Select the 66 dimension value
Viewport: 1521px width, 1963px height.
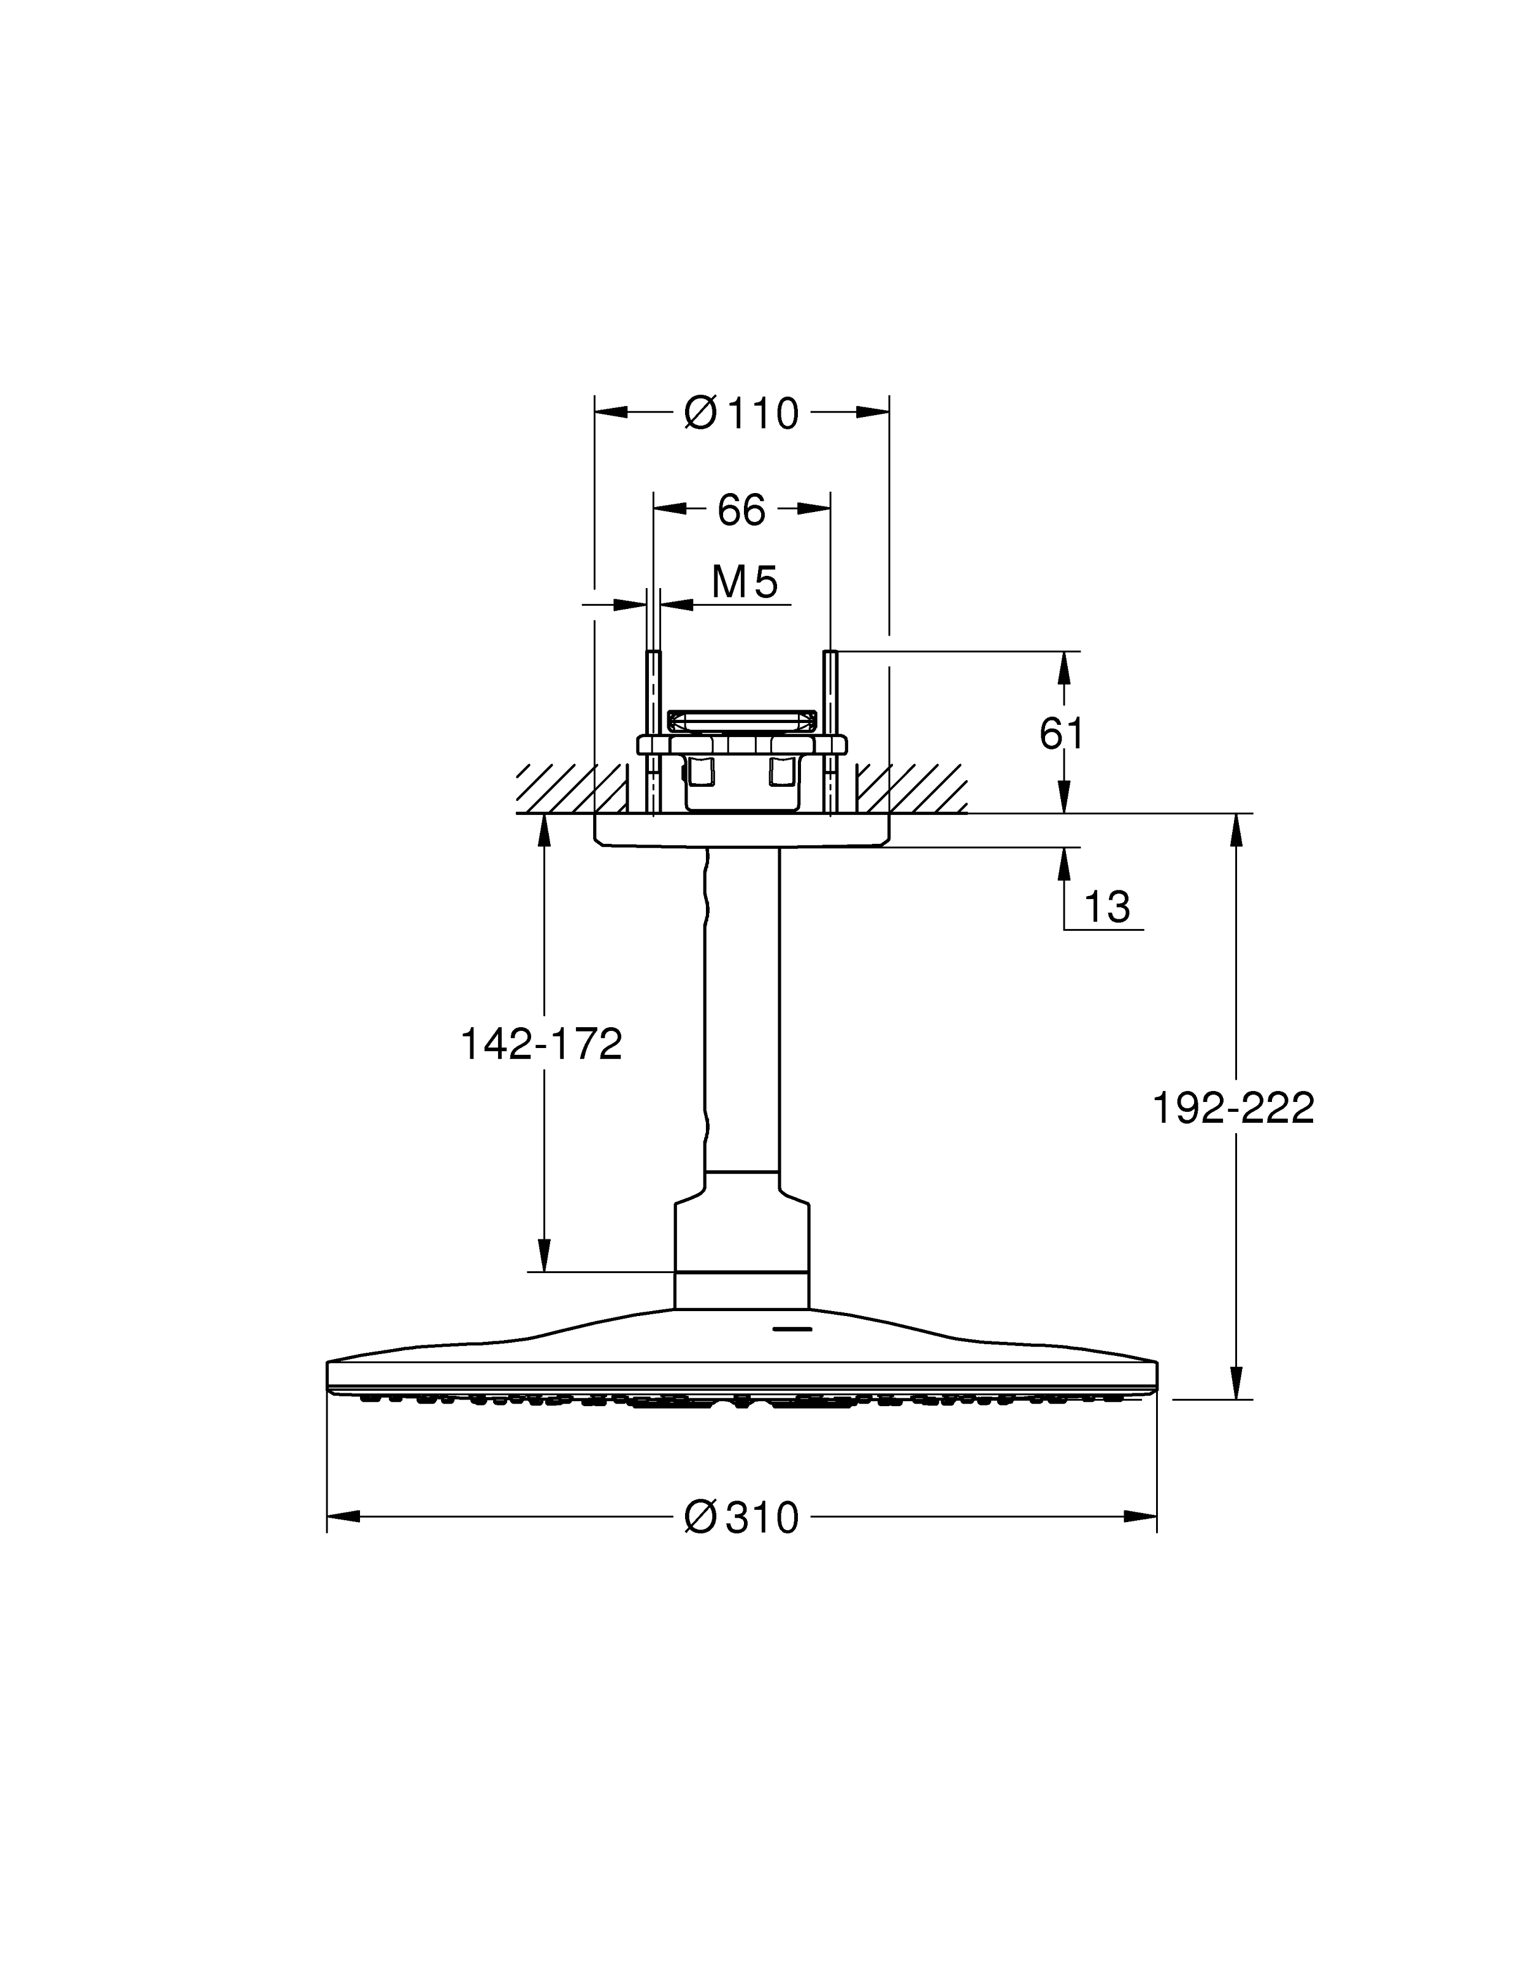(741, 510)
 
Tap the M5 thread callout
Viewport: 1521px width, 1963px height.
(745, 583)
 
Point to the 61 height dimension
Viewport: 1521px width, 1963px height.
(1062, 733)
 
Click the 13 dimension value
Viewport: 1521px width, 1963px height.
(1106, 907)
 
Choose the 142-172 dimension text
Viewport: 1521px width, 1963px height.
(541, 1044)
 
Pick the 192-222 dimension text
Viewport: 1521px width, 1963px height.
(1233, 1108)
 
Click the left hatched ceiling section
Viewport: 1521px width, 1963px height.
(572, 788)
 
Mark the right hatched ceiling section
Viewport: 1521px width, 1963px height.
(911, 788)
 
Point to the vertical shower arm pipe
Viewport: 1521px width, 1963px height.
(741, 1007)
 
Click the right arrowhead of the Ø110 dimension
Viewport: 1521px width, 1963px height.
(873, 413)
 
